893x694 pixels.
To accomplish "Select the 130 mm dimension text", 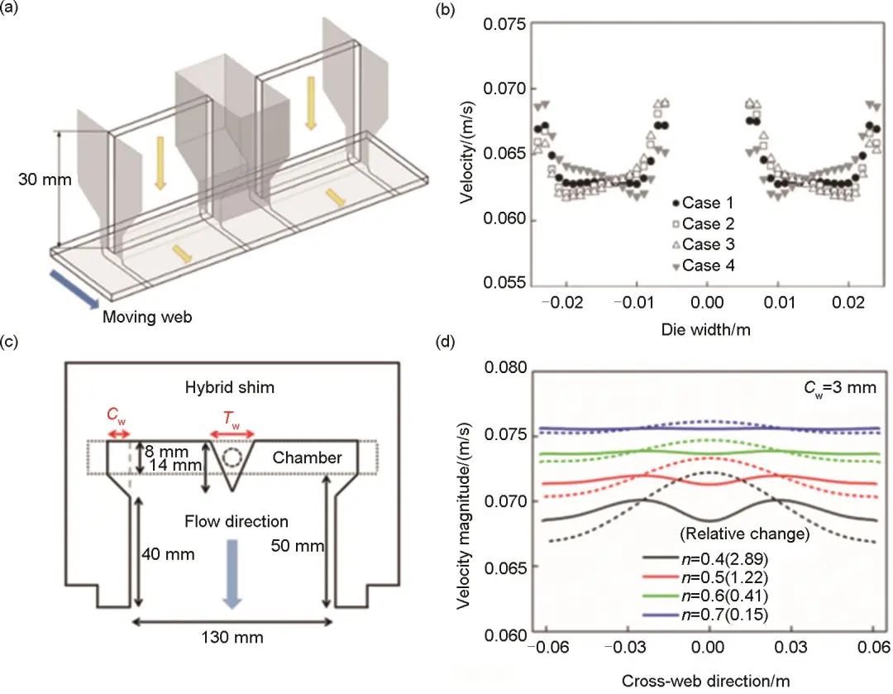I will tap(236, 637).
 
